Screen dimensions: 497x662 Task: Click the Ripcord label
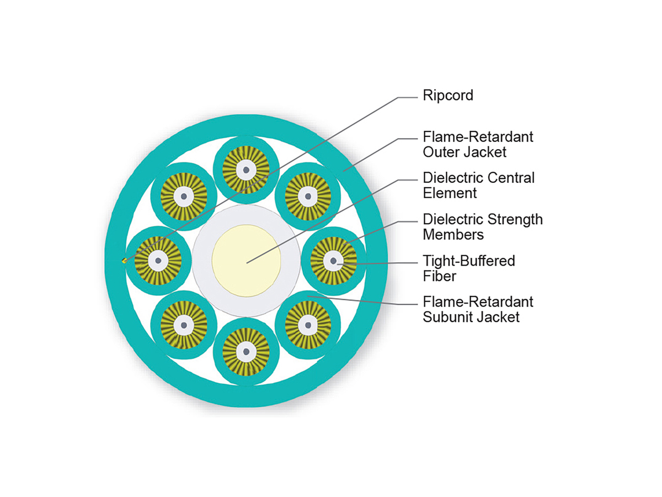coord(447,96)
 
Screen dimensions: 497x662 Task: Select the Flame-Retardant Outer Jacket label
coord(478,144)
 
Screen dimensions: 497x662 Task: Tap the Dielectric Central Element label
coord(478,186)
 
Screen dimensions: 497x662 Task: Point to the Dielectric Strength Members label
coord(482,227)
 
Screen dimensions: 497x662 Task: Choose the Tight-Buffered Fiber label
coord(468,268)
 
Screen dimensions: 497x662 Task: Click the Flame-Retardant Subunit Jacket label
coord(478,309)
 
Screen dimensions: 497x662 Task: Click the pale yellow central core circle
coord(247,260)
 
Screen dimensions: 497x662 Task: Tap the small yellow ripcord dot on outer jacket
coord(125,261)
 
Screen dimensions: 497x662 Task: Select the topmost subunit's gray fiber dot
coord(245,170)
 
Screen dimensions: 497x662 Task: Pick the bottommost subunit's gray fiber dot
coord(245,351)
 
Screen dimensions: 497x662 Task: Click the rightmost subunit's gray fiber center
coord(333,260)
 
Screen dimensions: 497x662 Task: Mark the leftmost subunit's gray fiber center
coord(158,260)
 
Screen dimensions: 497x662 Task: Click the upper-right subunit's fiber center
coord(307,196)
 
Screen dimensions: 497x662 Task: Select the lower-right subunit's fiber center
coord(307,325)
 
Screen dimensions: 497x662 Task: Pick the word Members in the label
coord(453,235)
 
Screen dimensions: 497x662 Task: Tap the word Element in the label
coord(450,193)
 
